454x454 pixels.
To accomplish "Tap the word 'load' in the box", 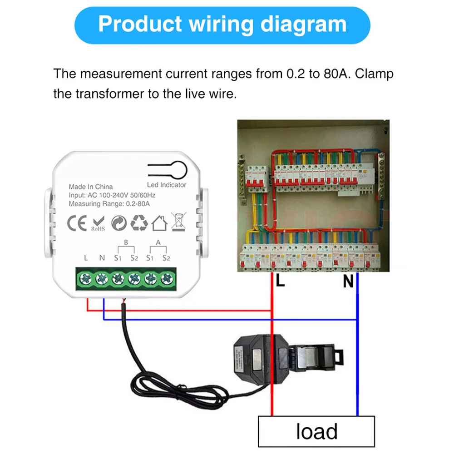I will pyautogui.click(x=316, y=431).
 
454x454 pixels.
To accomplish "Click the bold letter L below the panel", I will pyautogui.click(x=280, y=281).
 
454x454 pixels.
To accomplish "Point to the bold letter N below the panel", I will pyautogui.click(x=348, y=282).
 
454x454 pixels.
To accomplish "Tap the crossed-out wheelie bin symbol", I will pyautogui.click(x=178, y=221).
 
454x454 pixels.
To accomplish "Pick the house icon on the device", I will pyautogui.click(x=159, y=223).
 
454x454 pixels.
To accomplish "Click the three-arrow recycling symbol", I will pyautogui.click(x=138, y=223).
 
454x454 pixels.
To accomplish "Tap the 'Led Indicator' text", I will pyautogui.click(x=167, y=185).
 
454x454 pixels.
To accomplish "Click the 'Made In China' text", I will pyautogui.click(x=91, y=187).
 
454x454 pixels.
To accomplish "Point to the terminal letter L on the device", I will pyautogui.click(x=86, y=258).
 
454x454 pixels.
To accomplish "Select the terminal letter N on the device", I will pyautogui.click(x=102, y=258).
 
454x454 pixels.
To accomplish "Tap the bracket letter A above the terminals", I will pyautogui.click(x=158, y=242).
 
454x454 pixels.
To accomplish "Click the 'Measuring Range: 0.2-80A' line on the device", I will pyautogui.click(x=109, y=204).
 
